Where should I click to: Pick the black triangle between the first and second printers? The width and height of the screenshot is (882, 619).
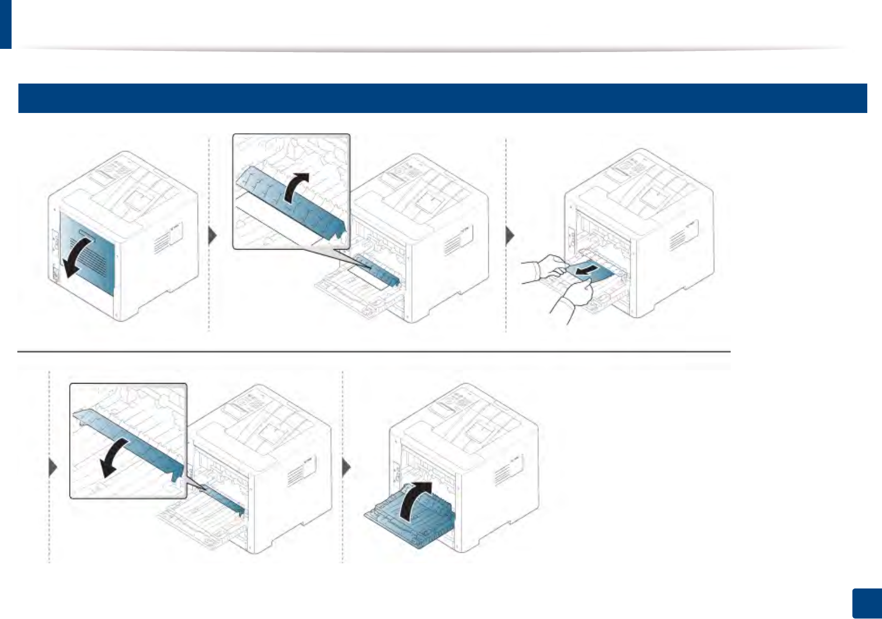pos(213,236)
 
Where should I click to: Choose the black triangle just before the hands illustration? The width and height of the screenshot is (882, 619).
pos(509,236)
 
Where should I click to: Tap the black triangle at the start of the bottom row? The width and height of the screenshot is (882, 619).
pos(53,467)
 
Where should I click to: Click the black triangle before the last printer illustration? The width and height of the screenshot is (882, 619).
pos(346,467)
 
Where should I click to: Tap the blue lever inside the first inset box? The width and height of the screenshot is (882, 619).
pos(289,202)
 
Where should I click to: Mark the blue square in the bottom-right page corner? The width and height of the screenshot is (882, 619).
pos(866,603)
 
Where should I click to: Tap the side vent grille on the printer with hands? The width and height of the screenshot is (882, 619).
pos(678,239)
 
